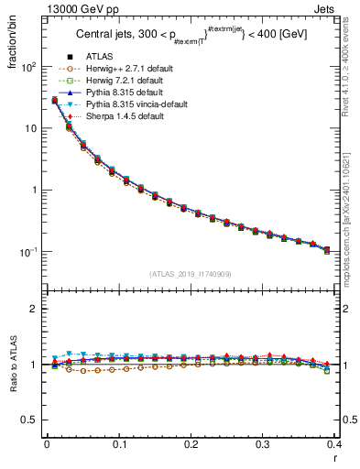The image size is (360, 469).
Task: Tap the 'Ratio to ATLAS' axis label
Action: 12,365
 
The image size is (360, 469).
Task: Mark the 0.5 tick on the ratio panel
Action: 33,420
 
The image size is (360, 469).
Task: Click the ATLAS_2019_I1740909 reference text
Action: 190,274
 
